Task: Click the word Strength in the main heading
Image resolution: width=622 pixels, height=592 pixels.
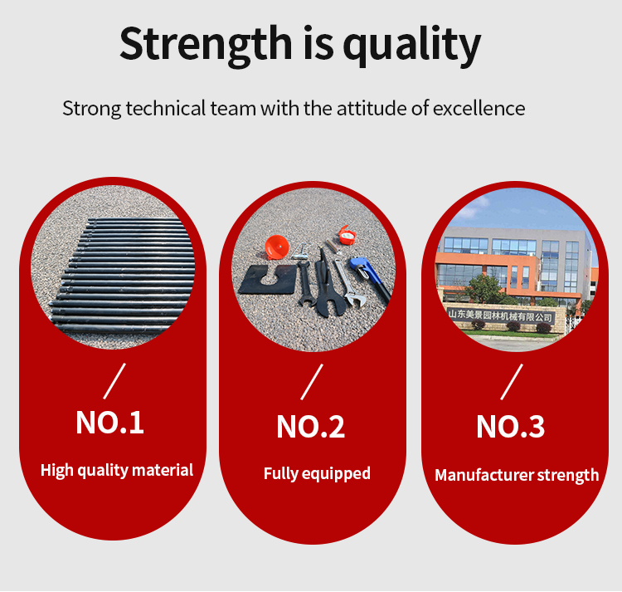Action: [206, 43]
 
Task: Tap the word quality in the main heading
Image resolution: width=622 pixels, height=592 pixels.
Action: [412, 45]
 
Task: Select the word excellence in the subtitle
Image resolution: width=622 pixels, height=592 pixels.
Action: [479, 108]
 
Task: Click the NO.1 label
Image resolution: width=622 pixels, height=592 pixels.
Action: [109, 423]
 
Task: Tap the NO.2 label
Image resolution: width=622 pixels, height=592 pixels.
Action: [311, 427]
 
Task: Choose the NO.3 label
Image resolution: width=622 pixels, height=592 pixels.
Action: [511, 427]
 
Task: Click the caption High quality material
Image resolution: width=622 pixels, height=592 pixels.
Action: [117, 470]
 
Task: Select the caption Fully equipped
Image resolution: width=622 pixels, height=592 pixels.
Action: [317, 473]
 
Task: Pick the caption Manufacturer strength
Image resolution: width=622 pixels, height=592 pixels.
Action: [517, 475]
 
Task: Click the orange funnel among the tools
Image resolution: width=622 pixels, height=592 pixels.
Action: [277, 247]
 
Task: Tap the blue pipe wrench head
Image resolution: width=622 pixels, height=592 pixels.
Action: [360, 267]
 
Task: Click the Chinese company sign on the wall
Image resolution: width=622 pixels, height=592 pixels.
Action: [501, 316]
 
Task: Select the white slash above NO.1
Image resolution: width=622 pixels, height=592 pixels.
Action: [114, 381]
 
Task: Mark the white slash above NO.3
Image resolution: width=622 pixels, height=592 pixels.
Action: [512, 382]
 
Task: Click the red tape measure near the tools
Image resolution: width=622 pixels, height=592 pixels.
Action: [347, 236]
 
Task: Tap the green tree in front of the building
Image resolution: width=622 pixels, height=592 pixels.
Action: [484, 288]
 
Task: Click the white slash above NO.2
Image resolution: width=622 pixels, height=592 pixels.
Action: [312, 382]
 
